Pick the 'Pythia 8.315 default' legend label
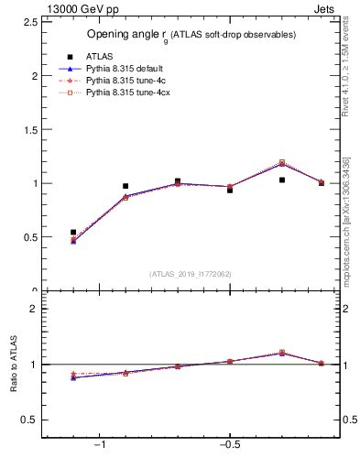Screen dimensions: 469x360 tap(125, 69)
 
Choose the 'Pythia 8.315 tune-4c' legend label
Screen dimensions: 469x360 tap(125, 81)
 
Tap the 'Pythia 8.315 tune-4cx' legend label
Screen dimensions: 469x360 tap(127, 93)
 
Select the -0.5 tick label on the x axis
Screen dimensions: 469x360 tap(229, 445)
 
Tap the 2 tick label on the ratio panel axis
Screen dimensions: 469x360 tap(34, 309)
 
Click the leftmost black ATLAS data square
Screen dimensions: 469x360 tap(73, 232)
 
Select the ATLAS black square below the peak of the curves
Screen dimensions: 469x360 tap(282, 180)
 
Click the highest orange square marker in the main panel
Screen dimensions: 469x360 tap(282, 162)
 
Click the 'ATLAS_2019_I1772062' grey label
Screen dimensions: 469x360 tap(191, 274)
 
